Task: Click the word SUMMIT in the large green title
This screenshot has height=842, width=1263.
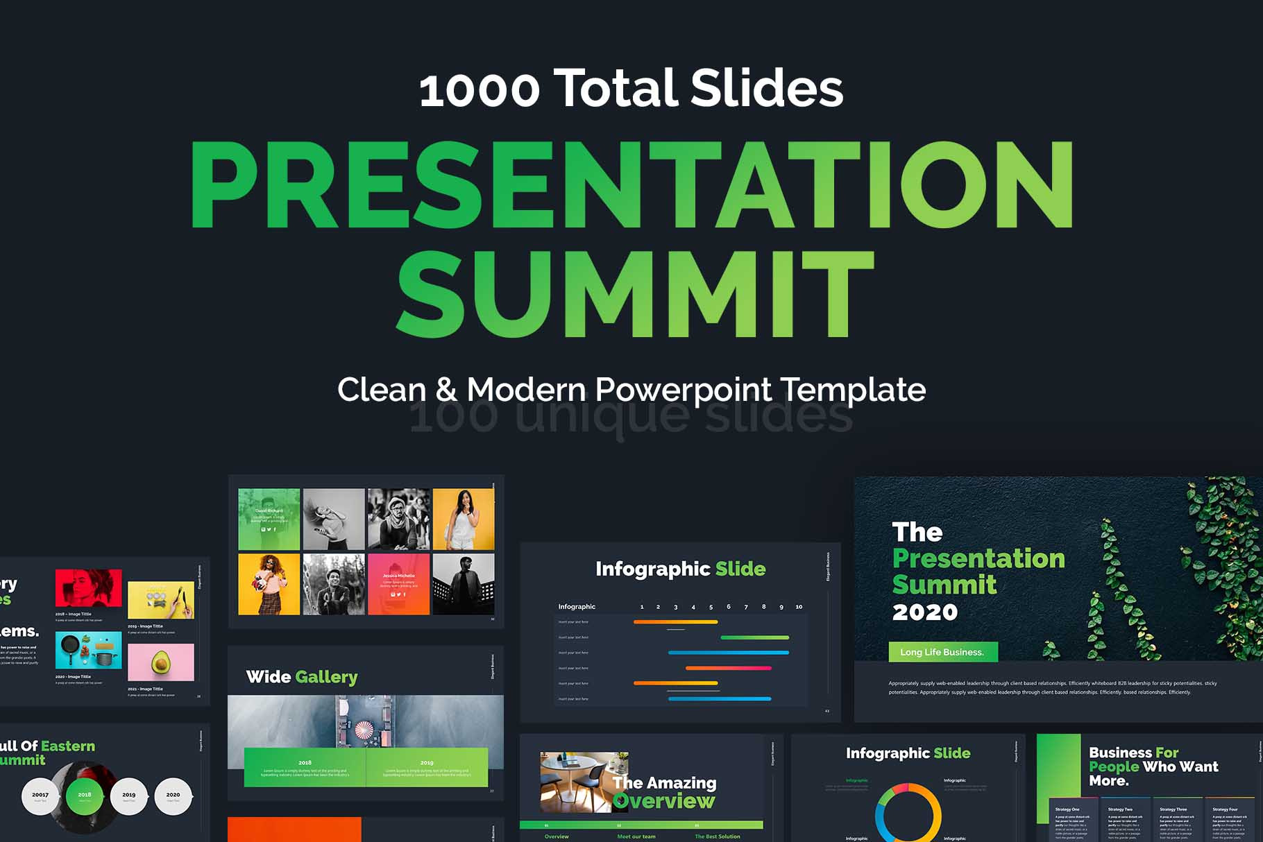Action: (634, 293)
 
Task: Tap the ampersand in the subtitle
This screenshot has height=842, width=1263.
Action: (446, 390)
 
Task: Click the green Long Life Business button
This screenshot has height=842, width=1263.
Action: (942, 652)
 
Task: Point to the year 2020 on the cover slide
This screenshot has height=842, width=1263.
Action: (924, 612)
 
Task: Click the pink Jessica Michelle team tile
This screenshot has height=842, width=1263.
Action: (398, 584)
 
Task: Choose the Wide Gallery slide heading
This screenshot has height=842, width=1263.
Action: (302, 677)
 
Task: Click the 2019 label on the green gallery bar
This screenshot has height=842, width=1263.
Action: (427, 763)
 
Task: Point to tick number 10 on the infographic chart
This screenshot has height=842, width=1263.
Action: (799, 607)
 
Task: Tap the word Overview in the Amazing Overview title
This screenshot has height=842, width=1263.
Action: (664, 802)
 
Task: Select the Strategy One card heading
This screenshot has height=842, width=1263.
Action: (1067, 809)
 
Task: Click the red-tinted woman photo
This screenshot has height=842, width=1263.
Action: (88, 588)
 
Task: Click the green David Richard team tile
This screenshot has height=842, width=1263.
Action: (269, 519)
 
